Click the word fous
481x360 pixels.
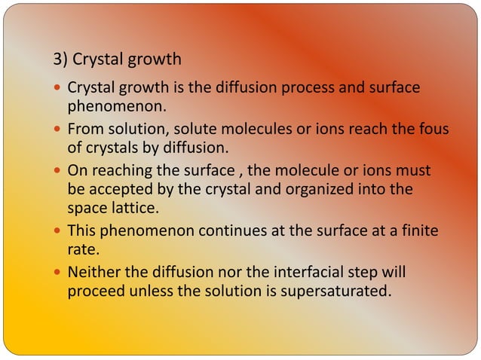(433, 130)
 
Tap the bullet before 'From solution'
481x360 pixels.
(59, 130)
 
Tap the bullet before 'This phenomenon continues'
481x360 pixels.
(59, 229)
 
